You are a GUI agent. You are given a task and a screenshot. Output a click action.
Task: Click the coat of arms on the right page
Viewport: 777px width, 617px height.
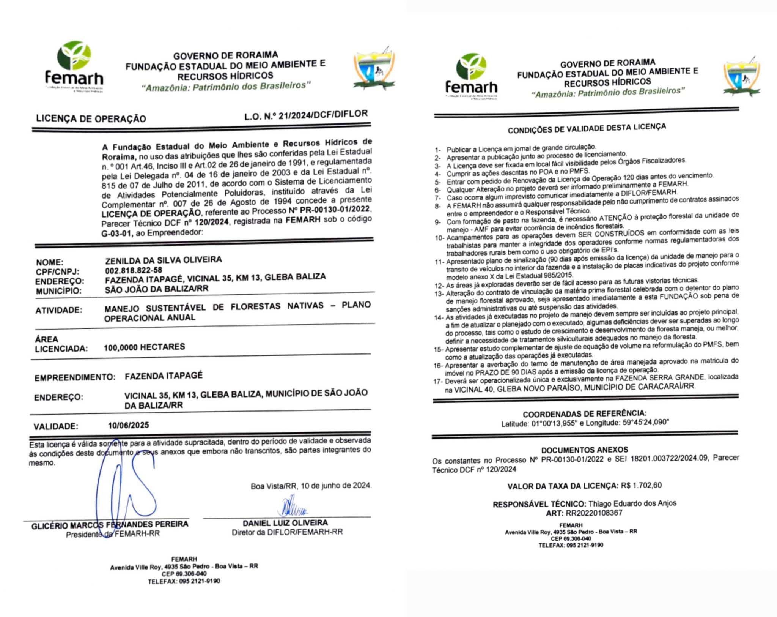point(741,79)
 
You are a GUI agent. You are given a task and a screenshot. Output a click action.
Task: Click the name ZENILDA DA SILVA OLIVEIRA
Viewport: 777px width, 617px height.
point(164,260)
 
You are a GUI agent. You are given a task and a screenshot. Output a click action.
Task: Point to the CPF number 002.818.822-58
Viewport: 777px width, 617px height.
point(134,270)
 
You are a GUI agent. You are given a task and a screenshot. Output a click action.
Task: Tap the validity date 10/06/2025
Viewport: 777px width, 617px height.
point(128,425)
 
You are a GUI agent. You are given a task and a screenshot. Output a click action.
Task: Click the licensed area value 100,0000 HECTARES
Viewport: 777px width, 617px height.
point(145,347)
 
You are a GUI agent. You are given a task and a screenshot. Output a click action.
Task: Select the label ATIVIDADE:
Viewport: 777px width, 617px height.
point(59,310)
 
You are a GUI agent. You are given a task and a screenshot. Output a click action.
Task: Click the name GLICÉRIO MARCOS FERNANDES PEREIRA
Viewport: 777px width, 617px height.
point(110,525)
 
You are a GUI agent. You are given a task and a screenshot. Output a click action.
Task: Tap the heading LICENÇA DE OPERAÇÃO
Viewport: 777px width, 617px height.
point(91,118)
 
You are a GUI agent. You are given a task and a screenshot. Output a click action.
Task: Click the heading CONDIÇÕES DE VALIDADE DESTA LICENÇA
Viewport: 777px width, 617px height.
point(587,128)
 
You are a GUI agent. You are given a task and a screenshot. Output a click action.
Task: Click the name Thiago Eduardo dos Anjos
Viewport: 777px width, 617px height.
point(632,503)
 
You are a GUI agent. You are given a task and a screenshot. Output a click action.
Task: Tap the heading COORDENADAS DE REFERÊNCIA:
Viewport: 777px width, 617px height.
point(585,414)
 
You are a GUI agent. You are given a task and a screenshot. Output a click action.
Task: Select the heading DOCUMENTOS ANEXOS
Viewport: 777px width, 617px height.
point(585,450)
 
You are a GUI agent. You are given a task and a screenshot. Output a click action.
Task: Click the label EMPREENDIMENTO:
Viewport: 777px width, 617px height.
point(75,378)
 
